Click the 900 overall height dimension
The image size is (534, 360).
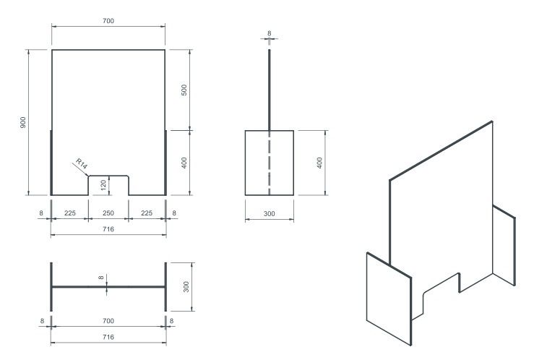[x=23, y=122]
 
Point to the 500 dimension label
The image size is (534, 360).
[x=184, y=90]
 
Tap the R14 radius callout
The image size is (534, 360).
[x=82, y=163]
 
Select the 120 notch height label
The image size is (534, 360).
[x=103, y=185]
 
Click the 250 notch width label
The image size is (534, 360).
[x=108, y=213]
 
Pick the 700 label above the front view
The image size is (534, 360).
[x=108, y=21]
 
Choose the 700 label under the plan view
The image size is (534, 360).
[x=108, y=321]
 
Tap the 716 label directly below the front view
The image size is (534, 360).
[x=108, y=229]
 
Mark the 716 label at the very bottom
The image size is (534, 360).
[x=108, y=337]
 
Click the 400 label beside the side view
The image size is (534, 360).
[x=319, y=163]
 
